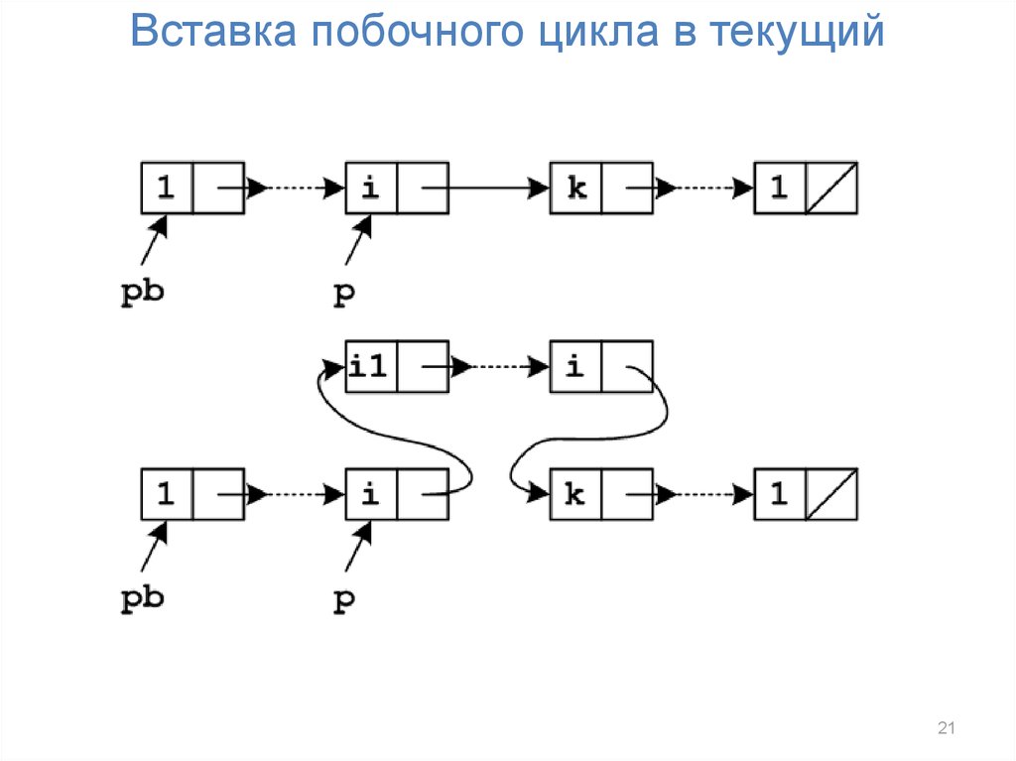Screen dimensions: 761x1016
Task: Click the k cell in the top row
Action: click(576, 188)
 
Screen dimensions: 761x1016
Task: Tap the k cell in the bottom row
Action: click(576, 494)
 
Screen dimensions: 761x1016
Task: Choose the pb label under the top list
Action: click(141, 294)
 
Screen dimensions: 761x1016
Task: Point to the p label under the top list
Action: click(343, 294)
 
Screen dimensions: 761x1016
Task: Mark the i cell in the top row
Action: click(371, 188)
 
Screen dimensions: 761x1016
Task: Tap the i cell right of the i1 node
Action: click(576, 367)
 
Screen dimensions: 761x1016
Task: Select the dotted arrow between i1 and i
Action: click(500, 367)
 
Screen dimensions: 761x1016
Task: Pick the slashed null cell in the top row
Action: click(831, 188)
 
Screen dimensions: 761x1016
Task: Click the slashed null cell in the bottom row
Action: click(831, 494)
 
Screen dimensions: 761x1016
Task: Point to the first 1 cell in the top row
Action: click(167, 188)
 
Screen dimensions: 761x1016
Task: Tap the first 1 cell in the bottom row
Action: click(167, 494)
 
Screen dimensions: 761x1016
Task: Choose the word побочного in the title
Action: click(417, 33)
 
